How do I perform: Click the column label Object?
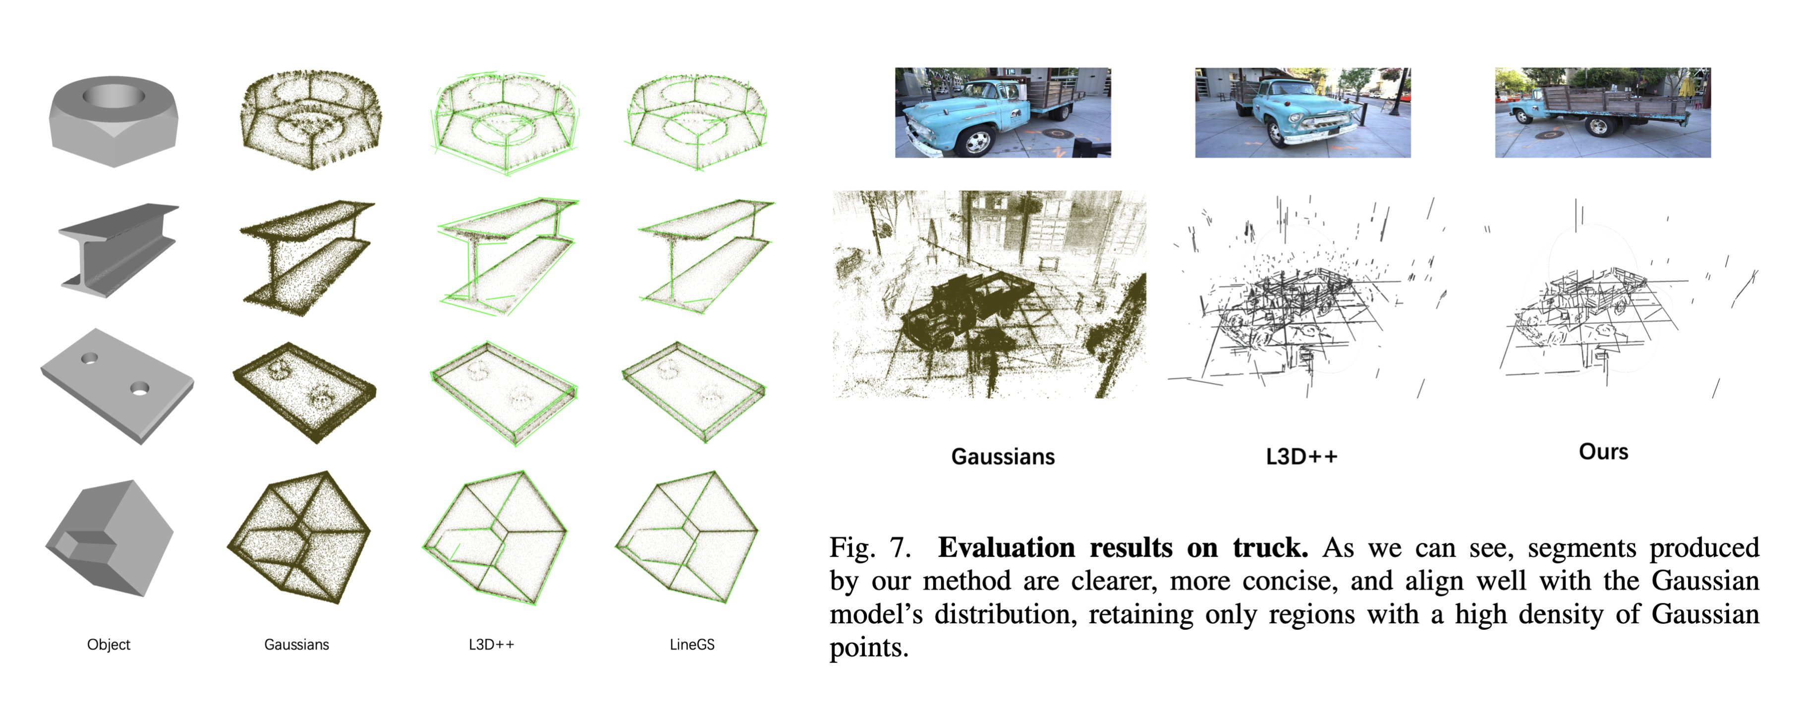pyautogui.click(x=109, y=644)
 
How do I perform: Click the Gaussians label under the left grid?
pyautogui.click(x=296, y=644)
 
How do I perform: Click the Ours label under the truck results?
pyautogui.click(x=1603, y=452)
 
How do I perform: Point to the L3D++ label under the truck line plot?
pyautogui.click(x=1301, y=457)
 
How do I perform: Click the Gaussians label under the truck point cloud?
pyautogui.click(x=1003, y=457)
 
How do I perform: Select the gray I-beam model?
pyautogui.click(x=117, y=250)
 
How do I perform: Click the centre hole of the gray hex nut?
pyautogui.click(x=114, y=95)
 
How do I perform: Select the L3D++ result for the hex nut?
pyautogui.click(x=506, y=122)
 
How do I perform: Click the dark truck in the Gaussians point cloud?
pyautogui.click(x=965, y=308)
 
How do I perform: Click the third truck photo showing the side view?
pyautogui.click(x=1602, y=113)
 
